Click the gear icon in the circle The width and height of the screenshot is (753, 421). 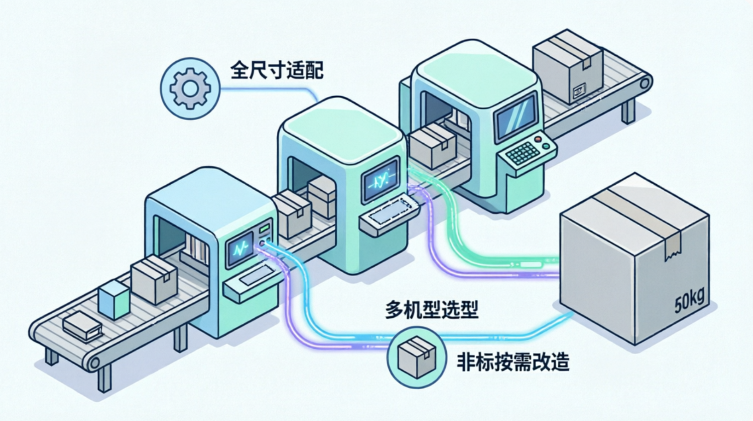[190, 88]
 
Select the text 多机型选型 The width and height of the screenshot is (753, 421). [432, 310]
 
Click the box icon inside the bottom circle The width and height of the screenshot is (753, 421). [416, 357]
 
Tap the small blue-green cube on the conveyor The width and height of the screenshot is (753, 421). [114, 300]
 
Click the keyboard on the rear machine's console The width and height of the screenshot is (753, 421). [523, 153]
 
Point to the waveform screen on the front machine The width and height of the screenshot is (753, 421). [241, 249]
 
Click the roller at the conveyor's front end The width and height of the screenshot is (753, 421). [93, 363]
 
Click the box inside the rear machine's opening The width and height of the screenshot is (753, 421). [432, 145]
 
